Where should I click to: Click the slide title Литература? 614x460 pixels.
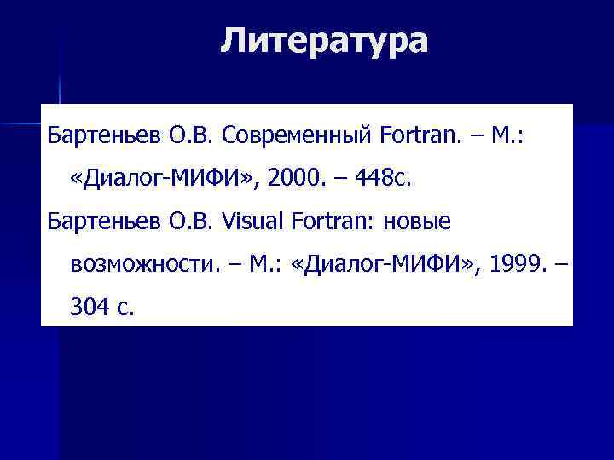[x=324, y=40]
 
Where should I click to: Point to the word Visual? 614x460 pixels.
[x=254, y=222]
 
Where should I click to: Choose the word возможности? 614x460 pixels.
[x=140, y=266]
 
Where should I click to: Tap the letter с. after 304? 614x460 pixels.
[x=125, y=309]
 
